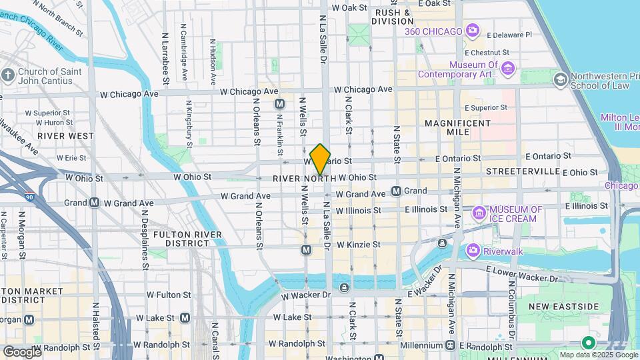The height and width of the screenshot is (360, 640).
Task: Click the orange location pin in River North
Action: click(x=320, y=159)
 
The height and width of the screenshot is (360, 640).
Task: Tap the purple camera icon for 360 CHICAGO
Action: click(x=473, y=31)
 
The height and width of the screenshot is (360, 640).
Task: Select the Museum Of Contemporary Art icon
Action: click(x=508, y=69)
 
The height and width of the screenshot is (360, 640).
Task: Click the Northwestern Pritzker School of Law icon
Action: click(x=560, y=81)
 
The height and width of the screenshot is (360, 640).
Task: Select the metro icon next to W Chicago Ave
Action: click(x=279, y=104)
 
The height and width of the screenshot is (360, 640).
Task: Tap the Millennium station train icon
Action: click(x=450, y=345)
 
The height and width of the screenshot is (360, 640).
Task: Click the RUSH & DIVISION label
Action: click(x=393, y=17)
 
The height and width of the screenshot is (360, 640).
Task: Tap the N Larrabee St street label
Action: click(x=165, y=58)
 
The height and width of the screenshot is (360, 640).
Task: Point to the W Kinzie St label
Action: click(x=358, y=245)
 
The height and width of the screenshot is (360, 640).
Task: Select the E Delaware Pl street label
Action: click(x=509, y=35)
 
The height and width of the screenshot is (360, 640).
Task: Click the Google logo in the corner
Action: click(x=22, y=351)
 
